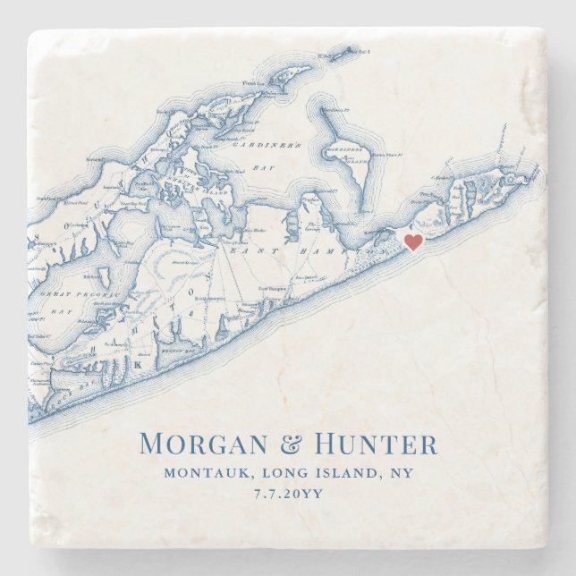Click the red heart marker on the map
[x=413, y=241]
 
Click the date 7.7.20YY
[x=288, y=495]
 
